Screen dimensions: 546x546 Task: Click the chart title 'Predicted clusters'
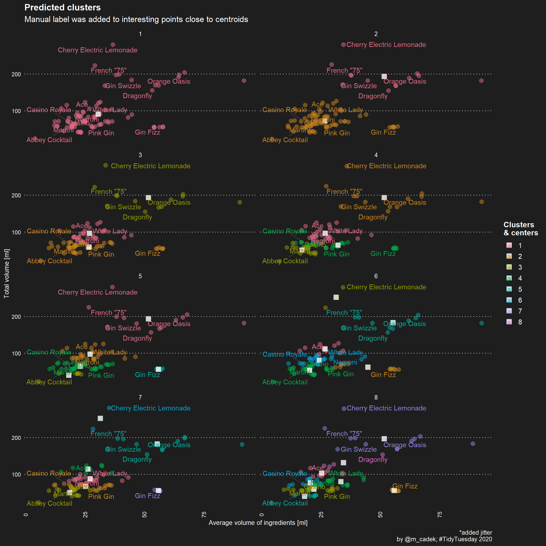pos(63,8)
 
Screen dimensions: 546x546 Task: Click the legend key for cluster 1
pos(509,245)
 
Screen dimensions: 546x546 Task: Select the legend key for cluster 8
pos(509,322)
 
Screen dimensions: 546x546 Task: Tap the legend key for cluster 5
pos(509,289)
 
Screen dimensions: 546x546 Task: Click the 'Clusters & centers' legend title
pos(521,229)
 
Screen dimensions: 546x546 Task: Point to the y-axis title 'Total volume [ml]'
pos(6,273)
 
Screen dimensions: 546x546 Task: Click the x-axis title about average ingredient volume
pos(258,523)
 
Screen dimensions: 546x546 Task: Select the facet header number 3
pos(140,155)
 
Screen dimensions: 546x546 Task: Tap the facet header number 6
pos(376,276)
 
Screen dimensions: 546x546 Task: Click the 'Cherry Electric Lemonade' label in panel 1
pos(97,50)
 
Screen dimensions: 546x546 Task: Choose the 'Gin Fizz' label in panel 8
pos(405,486)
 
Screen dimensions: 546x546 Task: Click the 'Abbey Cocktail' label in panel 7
pos(50,503)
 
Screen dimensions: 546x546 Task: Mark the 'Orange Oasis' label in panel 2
pos(405,81)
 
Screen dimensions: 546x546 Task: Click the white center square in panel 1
pos(98,114)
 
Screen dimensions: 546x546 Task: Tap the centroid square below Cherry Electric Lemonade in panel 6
pos(336,297)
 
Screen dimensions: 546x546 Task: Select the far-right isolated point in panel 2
pos(481,81)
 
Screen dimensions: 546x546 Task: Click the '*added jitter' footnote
pos(476,532)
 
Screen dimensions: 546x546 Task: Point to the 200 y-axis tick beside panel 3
pos(16,196)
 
